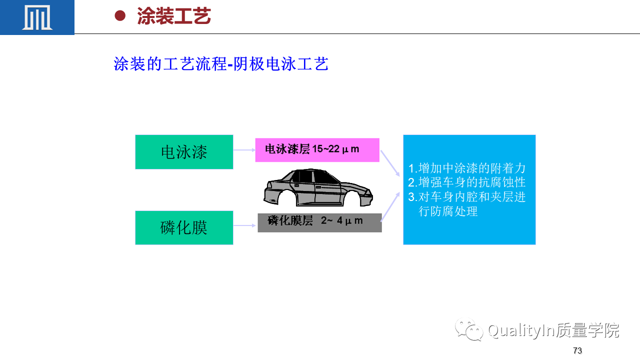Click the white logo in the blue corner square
(x=37, y=17)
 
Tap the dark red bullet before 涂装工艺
(x=120, y=15)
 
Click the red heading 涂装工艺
(x=173, y=16)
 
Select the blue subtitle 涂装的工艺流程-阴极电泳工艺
(x=221, y=63)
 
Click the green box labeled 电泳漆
(x=184, y=152)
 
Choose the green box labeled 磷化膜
(x=184, y=227)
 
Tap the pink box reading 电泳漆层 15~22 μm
(x=317, y=150)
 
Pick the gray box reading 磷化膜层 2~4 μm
(x=319, y=223)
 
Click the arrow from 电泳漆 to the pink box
(x=244, y=150)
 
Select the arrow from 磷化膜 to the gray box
(x=244, y=225)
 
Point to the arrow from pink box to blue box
(x=390, y=163)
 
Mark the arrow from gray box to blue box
(x=390, y=207)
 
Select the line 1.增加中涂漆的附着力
(x=467, y=168)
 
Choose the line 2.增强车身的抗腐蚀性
(x=467, y=182)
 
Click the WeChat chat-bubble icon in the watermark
(x=469, y=329)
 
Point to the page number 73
(x=577, y=350)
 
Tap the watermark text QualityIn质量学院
(x=553, y=330)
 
